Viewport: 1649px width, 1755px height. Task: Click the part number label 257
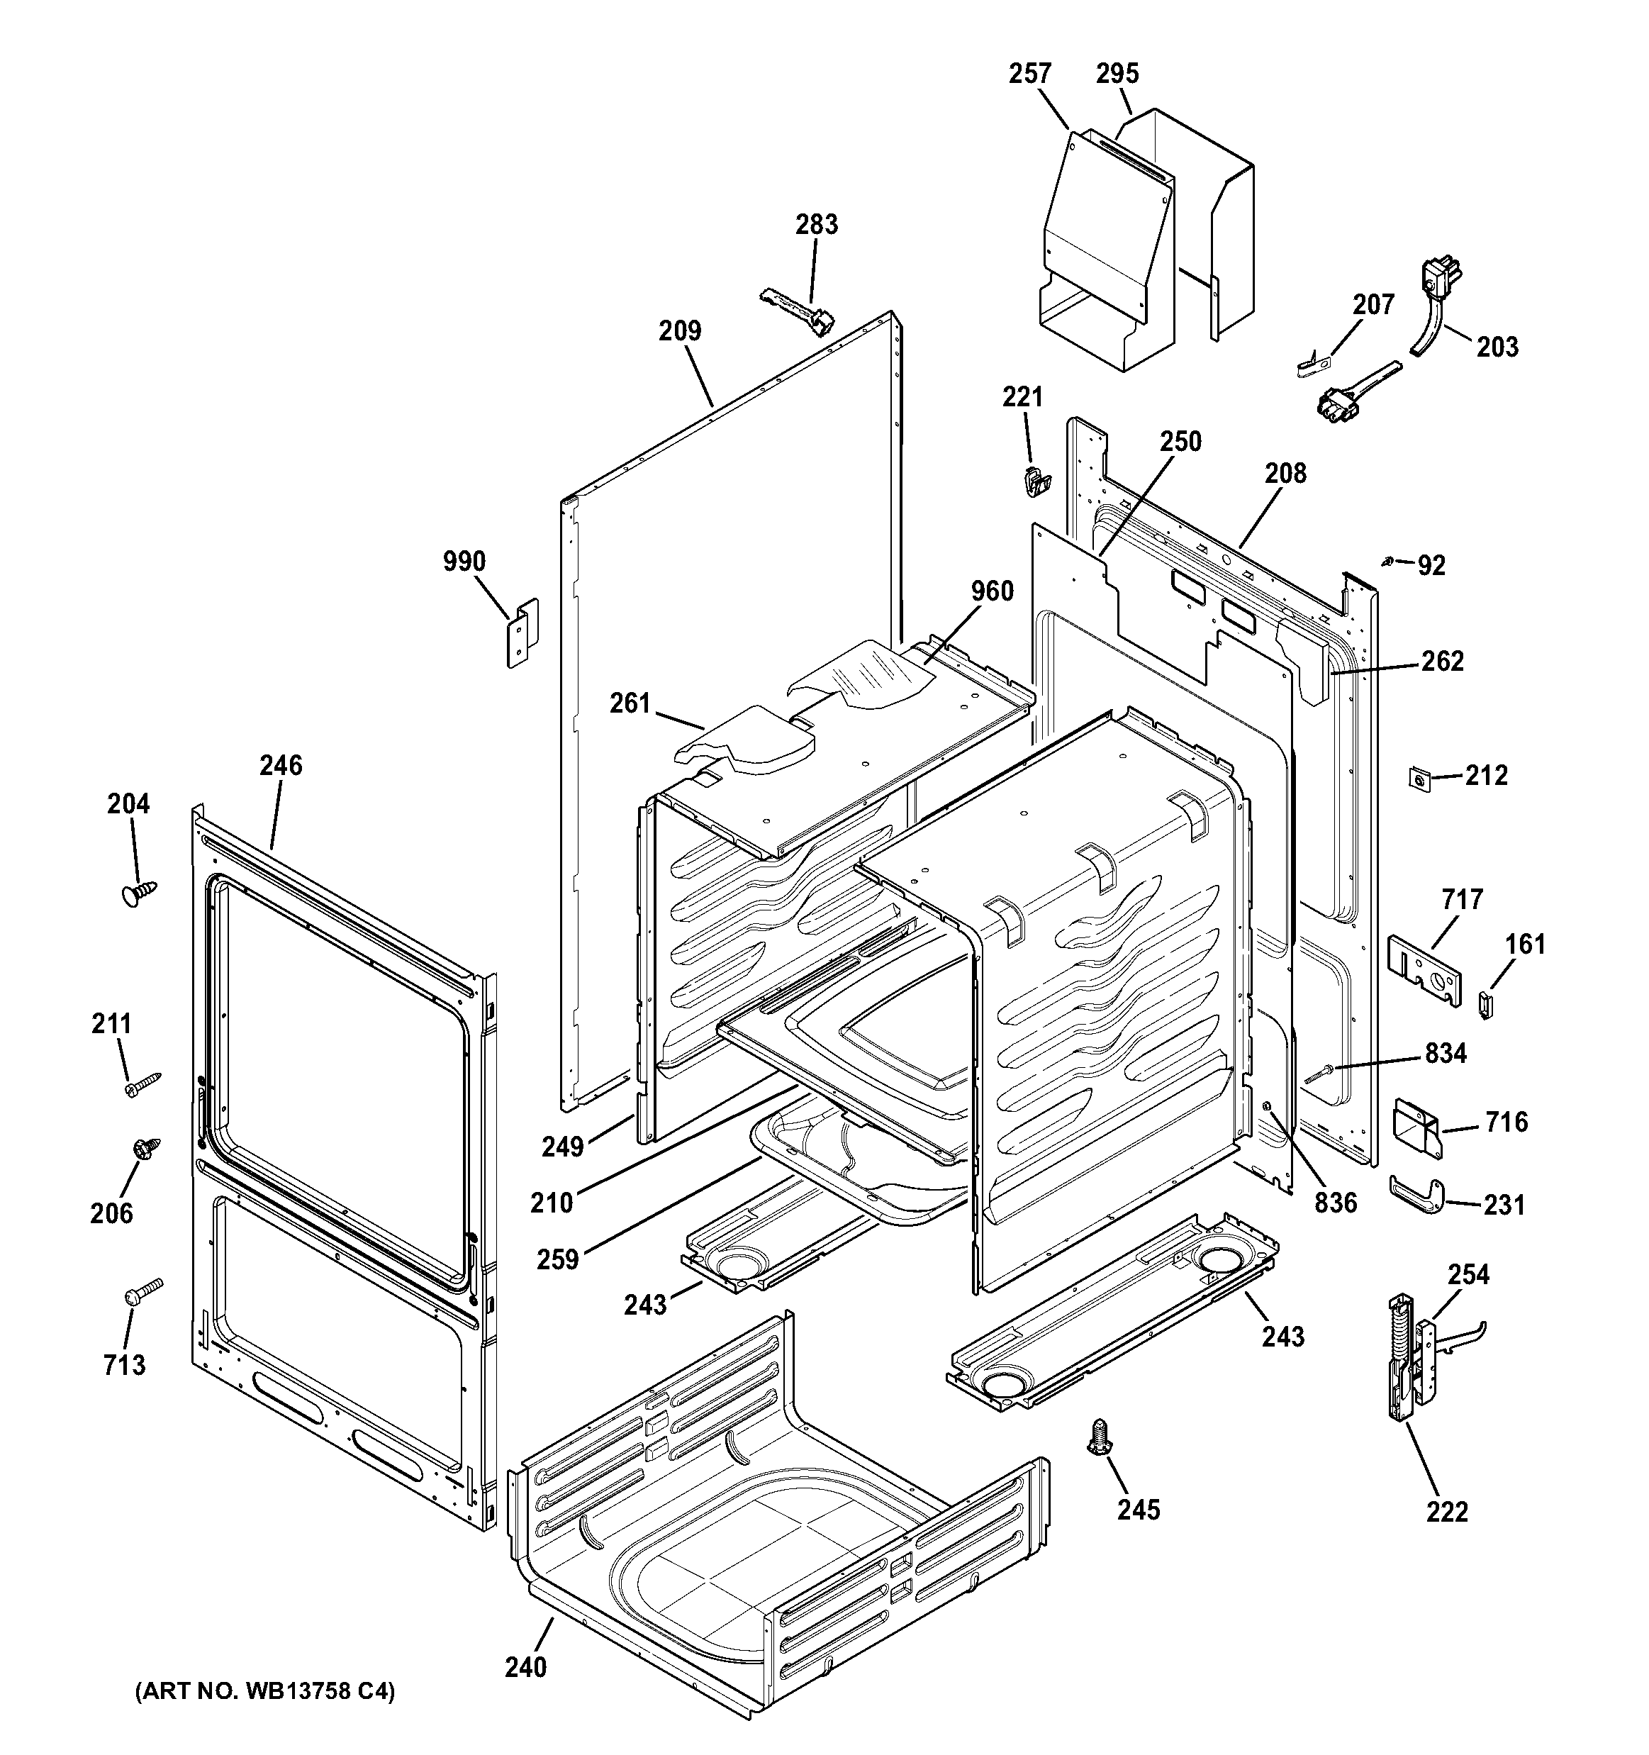(1030, 73)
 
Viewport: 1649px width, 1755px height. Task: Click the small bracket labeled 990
(522, 632)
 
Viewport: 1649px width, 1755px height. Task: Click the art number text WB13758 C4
(265, 1691)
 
